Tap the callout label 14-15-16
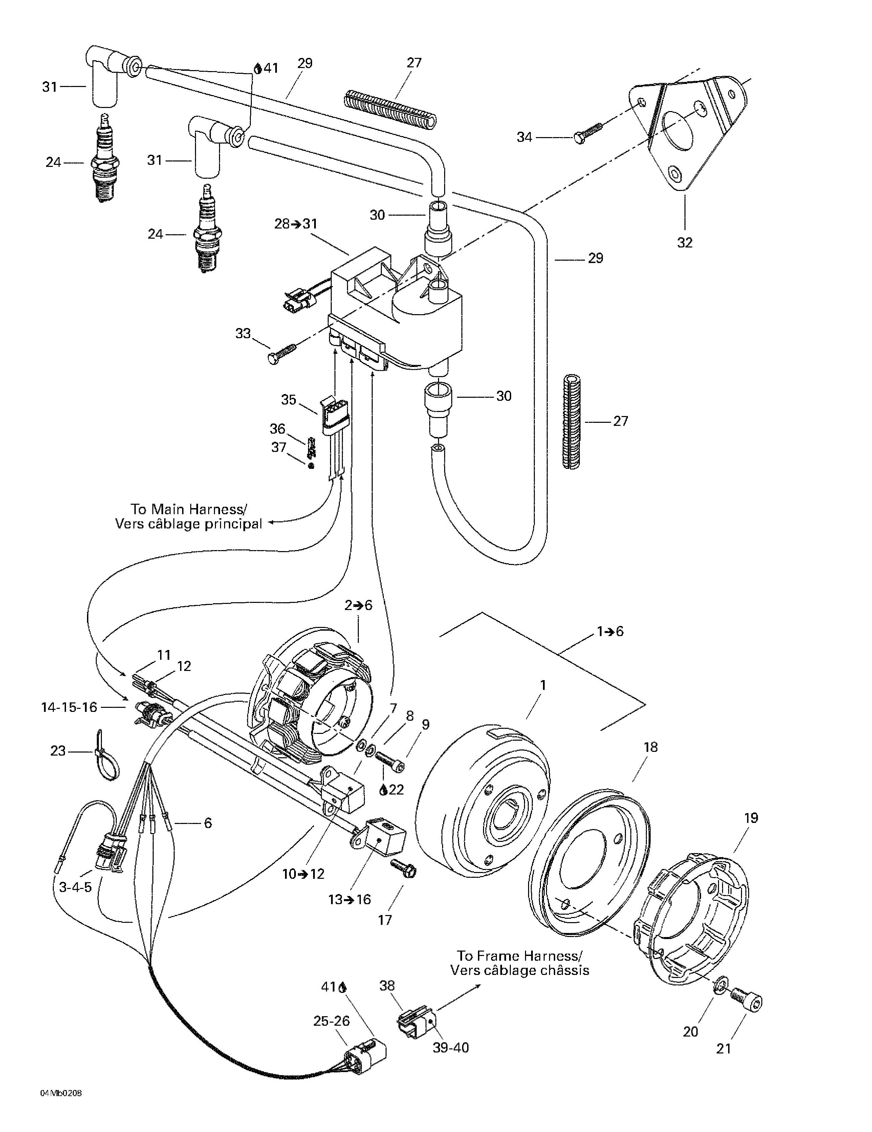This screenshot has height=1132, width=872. coord(69,707)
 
